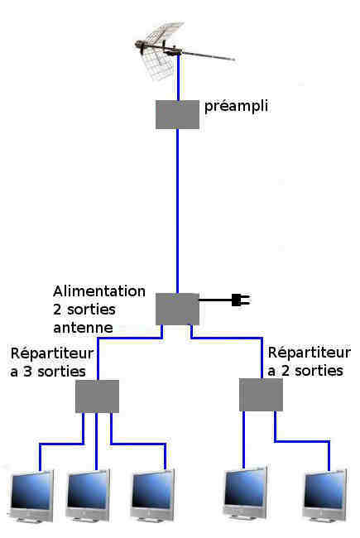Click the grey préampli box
(x=177, y=114)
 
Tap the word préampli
(x=236, y=107)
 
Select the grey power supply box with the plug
(x=177, y=309)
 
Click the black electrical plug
(x=242, y=300)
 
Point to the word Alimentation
(x=99, y=291)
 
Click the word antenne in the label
(x=83, y=327)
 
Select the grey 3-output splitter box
(x=97, y=396)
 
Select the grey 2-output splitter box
(x=261, y=395)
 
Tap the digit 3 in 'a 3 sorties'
(x=28, y=372)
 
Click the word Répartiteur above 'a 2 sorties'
(x=310, y=353)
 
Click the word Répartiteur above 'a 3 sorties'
(x=52, y=353)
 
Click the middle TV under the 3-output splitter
(x=88, y=495)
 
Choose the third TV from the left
(x=153, y=494)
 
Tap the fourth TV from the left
(x=245, y=492)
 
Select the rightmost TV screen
(x=324, y=494)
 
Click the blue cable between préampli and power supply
(x=177, y=211)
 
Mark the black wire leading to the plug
(x=215, y=300)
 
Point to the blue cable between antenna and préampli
(x=179, y=77)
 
